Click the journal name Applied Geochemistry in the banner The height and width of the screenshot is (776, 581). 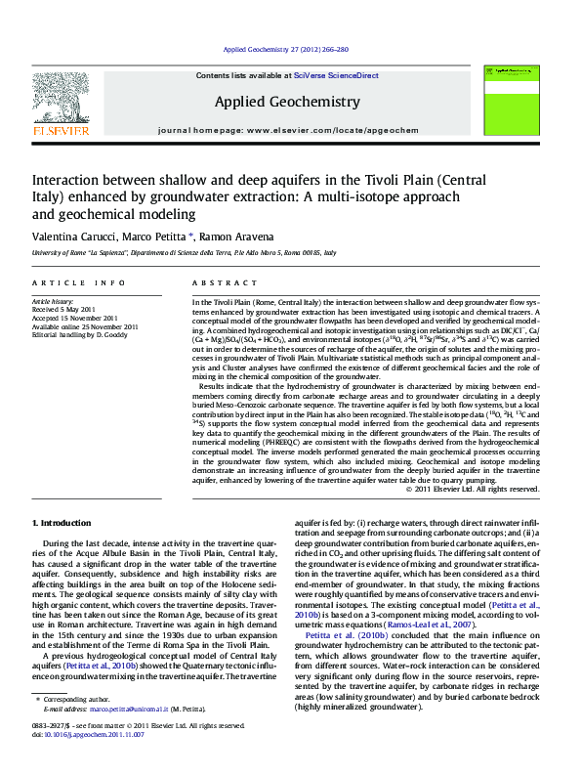(x=286, y=102)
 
